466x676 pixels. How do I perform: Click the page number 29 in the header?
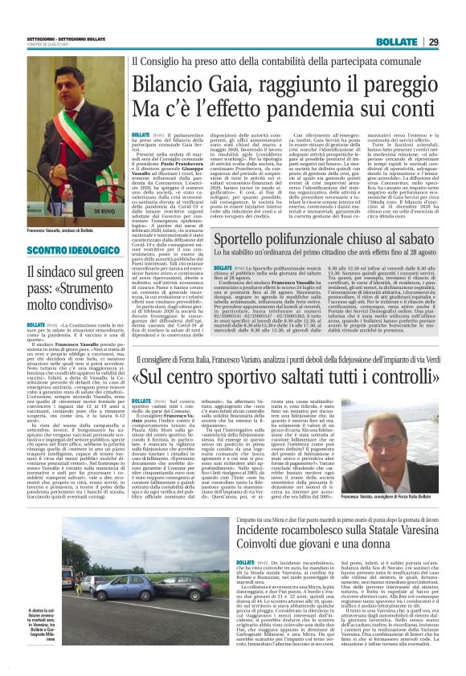pos(454,42)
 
